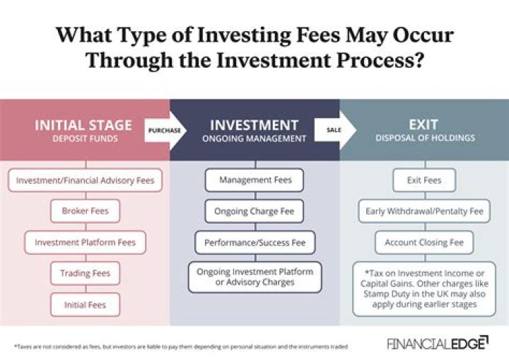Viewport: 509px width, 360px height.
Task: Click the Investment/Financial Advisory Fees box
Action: [x=86, y=180]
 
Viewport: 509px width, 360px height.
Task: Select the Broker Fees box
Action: [x=86, y=211]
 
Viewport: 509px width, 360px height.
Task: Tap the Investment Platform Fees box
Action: [x=86, y=242]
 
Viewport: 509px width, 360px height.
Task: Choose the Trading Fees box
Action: [x=86, y=273]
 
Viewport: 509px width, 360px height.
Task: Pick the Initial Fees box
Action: [x=86, y=304]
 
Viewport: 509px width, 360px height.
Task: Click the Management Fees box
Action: [x=255, y=180]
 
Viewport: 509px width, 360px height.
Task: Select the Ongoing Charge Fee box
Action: [x=255, y=211]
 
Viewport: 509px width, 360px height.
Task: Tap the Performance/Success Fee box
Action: [x=255, y=242]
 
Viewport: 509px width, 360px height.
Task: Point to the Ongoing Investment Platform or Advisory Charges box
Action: [x=255, y=277]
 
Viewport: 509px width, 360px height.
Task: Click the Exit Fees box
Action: [x=424, y=180]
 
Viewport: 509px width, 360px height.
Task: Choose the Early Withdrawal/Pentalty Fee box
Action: [x=424, y=211]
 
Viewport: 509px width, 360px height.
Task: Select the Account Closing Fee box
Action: [x=424, y=242]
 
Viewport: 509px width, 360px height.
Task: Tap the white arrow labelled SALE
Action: [x=333, y=130]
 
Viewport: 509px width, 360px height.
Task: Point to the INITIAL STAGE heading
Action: [x=83, y=125]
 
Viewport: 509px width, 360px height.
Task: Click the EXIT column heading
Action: [x=424, y=125]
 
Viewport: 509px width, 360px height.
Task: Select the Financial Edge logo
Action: [x=437, y=343]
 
